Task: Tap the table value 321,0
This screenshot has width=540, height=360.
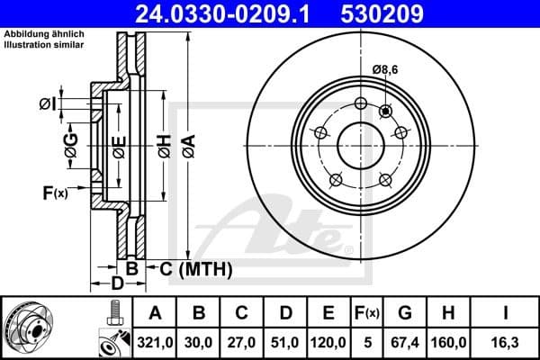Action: point(156,342)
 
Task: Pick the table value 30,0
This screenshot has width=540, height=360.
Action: point(200,342)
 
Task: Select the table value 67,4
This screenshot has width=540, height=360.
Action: point(406,342)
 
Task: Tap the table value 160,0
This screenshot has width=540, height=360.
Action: point(450,342)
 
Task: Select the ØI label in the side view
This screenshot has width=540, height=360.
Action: point(47,104)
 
